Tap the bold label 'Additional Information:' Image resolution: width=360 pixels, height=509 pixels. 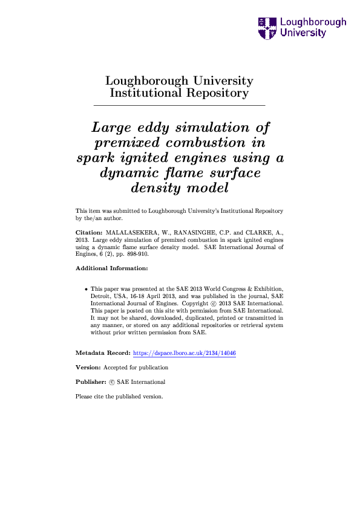112,268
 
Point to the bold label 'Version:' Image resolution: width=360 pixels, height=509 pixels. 88,367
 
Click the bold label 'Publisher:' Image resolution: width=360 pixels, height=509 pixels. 91,382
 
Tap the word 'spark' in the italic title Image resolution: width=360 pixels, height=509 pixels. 96,158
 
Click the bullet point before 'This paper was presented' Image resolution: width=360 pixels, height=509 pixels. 87,290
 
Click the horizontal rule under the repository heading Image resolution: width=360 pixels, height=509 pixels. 180,106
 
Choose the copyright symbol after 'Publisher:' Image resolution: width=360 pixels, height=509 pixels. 112,382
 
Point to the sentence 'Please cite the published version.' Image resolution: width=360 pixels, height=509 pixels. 119,397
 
